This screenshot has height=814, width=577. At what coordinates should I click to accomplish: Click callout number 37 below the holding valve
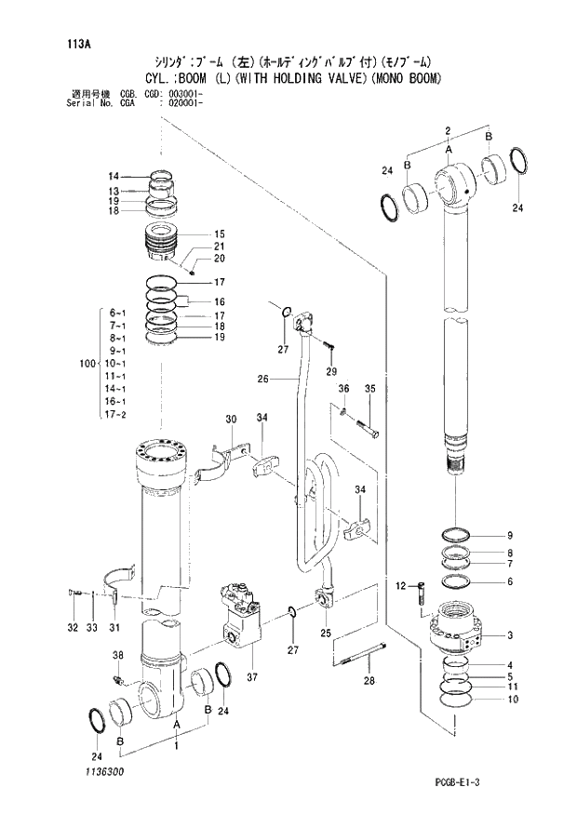250,677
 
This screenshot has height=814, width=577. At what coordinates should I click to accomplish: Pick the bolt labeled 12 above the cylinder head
420,593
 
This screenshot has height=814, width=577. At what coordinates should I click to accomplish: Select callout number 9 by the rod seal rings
509,535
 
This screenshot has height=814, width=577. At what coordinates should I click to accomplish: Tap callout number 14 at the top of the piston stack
113,176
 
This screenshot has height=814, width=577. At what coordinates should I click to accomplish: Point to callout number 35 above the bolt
369,388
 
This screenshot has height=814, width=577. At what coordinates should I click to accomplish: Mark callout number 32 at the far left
73,628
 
